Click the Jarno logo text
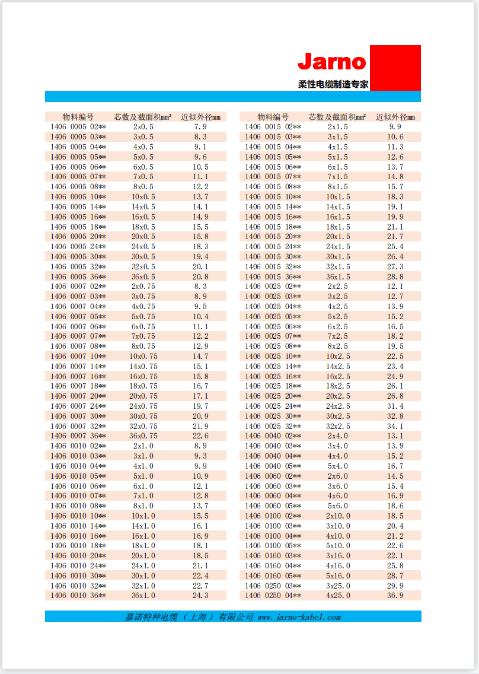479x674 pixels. click(332, 61)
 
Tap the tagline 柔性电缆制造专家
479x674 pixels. click(333, 84)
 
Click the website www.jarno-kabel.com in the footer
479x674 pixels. click(299, 617)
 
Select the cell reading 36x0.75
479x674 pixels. click(143, 436)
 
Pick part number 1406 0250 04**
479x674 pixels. click(273, 595)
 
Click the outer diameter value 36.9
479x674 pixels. click(395, 595)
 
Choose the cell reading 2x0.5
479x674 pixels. click(143, 127)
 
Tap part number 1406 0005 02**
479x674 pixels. click(78, 127)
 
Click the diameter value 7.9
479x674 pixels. click(200, 127)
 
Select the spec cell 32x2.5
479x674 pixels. click(338, 426)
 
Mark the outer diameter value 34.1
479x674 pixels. click(395, 426)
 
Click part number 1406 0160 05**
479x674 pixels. click(273, 576)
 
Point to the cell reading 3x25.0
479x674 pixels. click(338, 586)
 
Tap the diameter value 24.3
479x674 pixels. click(200, 595)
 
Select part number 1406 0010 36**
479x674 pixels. click(78, 595)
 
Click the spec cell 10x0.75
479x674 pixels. click(143, 356)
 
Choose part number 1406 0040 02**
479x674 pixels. click(273, 436)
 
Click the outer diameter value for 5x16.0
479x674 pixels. click(395, 576)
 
